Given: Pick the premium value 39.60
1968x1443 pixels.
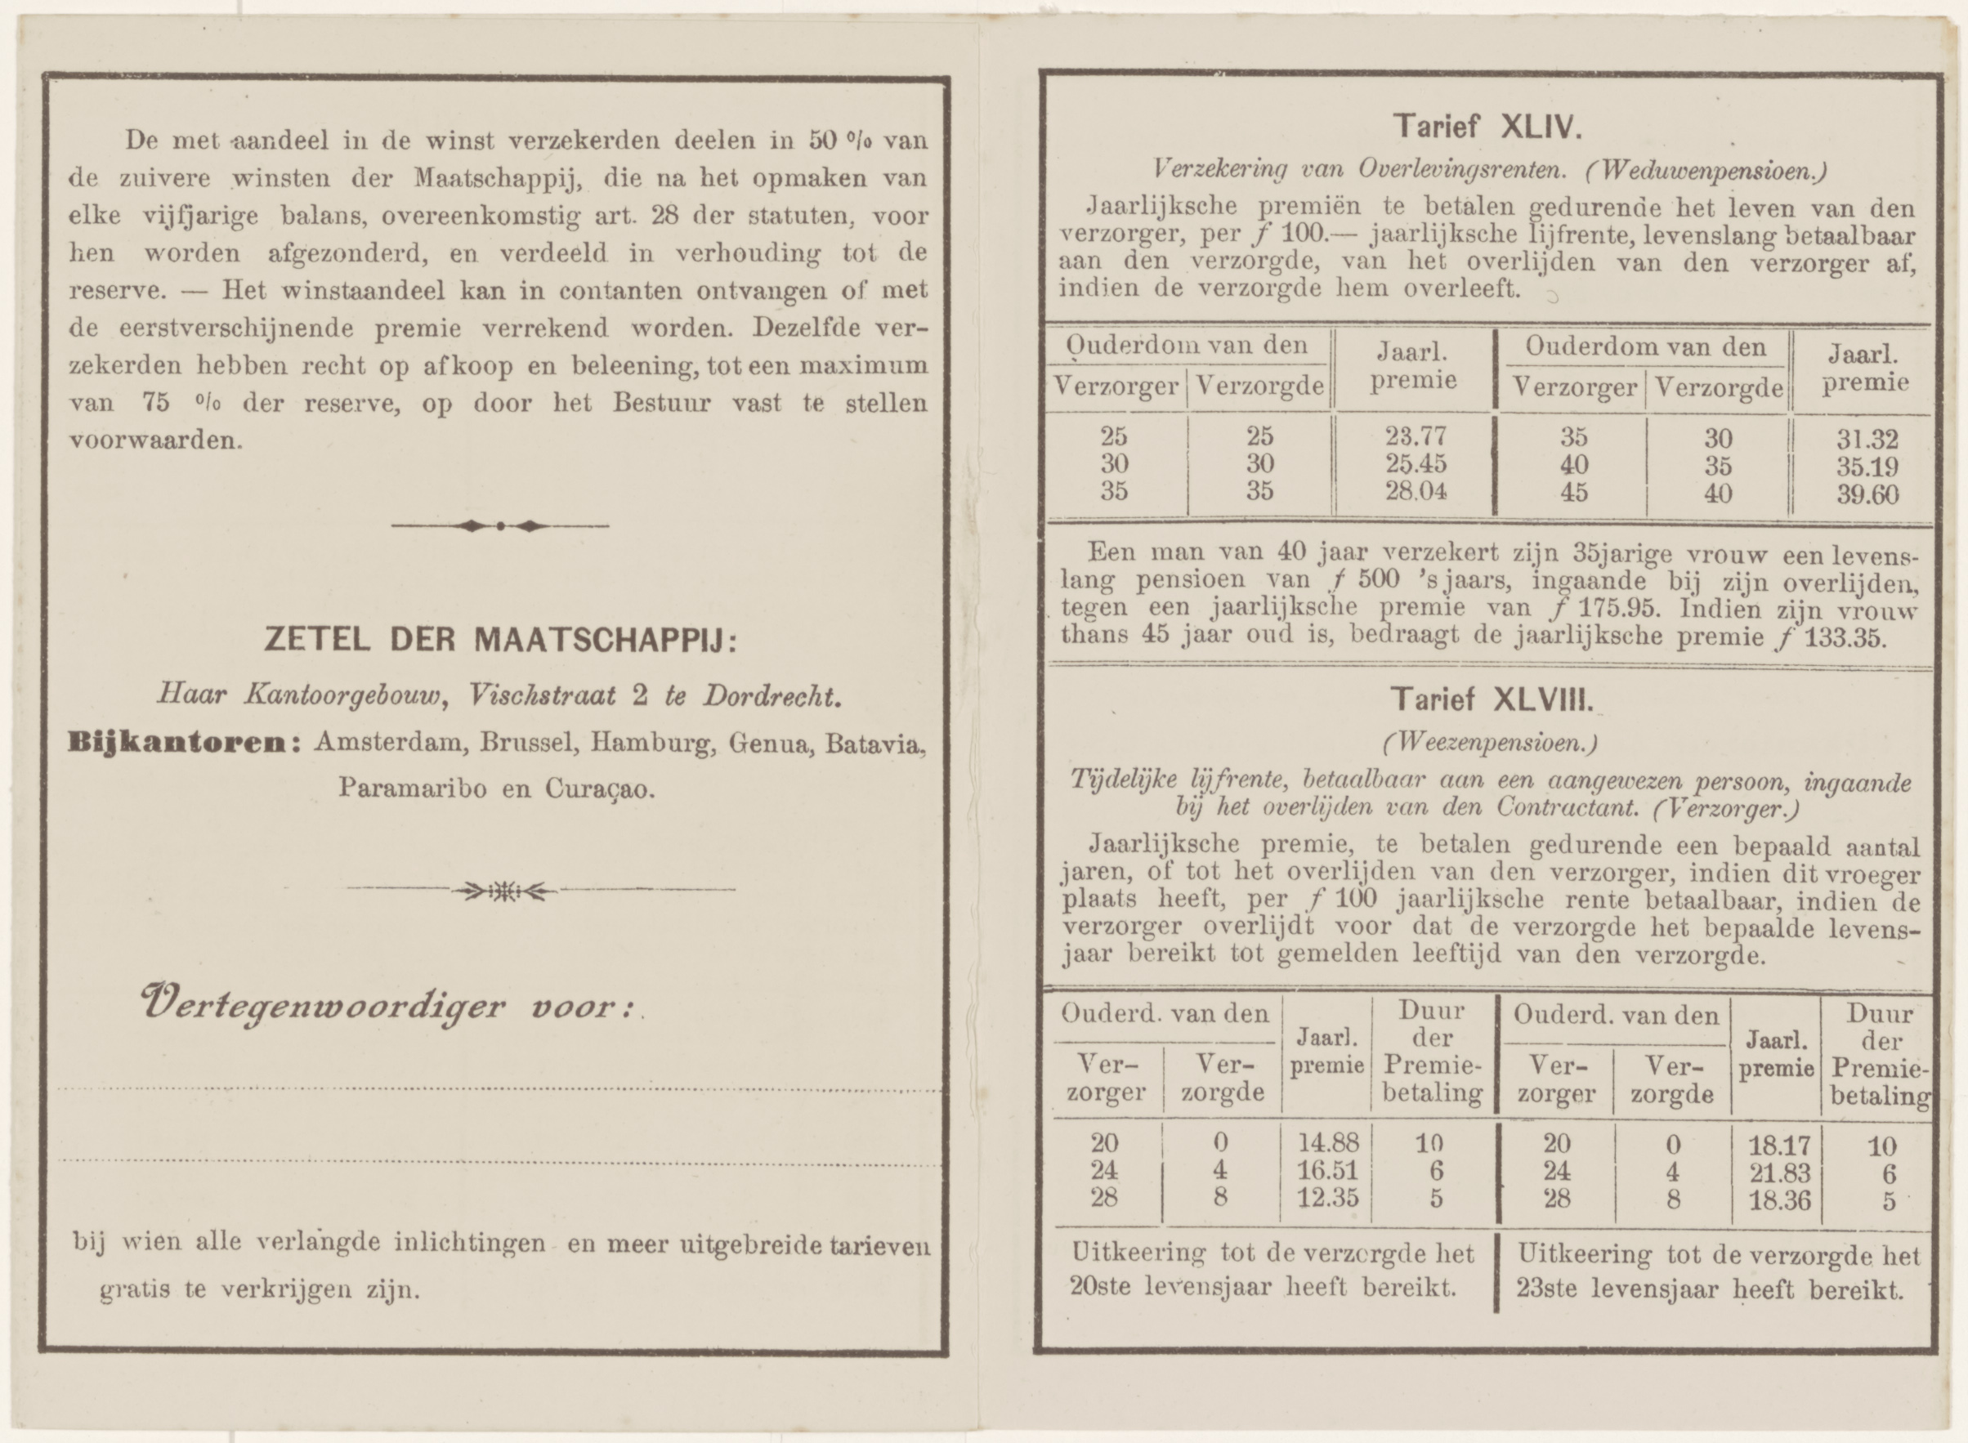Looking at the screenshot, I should point(1867,494).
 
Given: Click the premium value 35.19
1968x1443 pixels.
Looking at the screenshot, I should point(1867,467).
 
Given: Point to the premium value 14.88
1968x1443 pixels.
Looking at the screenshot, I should point(1328,1142).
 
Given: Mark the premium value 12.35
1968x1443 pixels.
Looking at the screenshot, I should point(1328,1198).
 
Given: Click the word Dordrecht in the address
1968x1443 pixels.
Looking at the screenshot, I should point(772,695).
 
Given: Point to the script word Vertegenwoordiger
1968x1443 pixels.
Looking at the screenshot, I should point(321,1008).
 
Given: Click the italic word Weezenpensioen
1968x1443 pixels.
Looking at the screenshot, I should point(1490,744).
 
